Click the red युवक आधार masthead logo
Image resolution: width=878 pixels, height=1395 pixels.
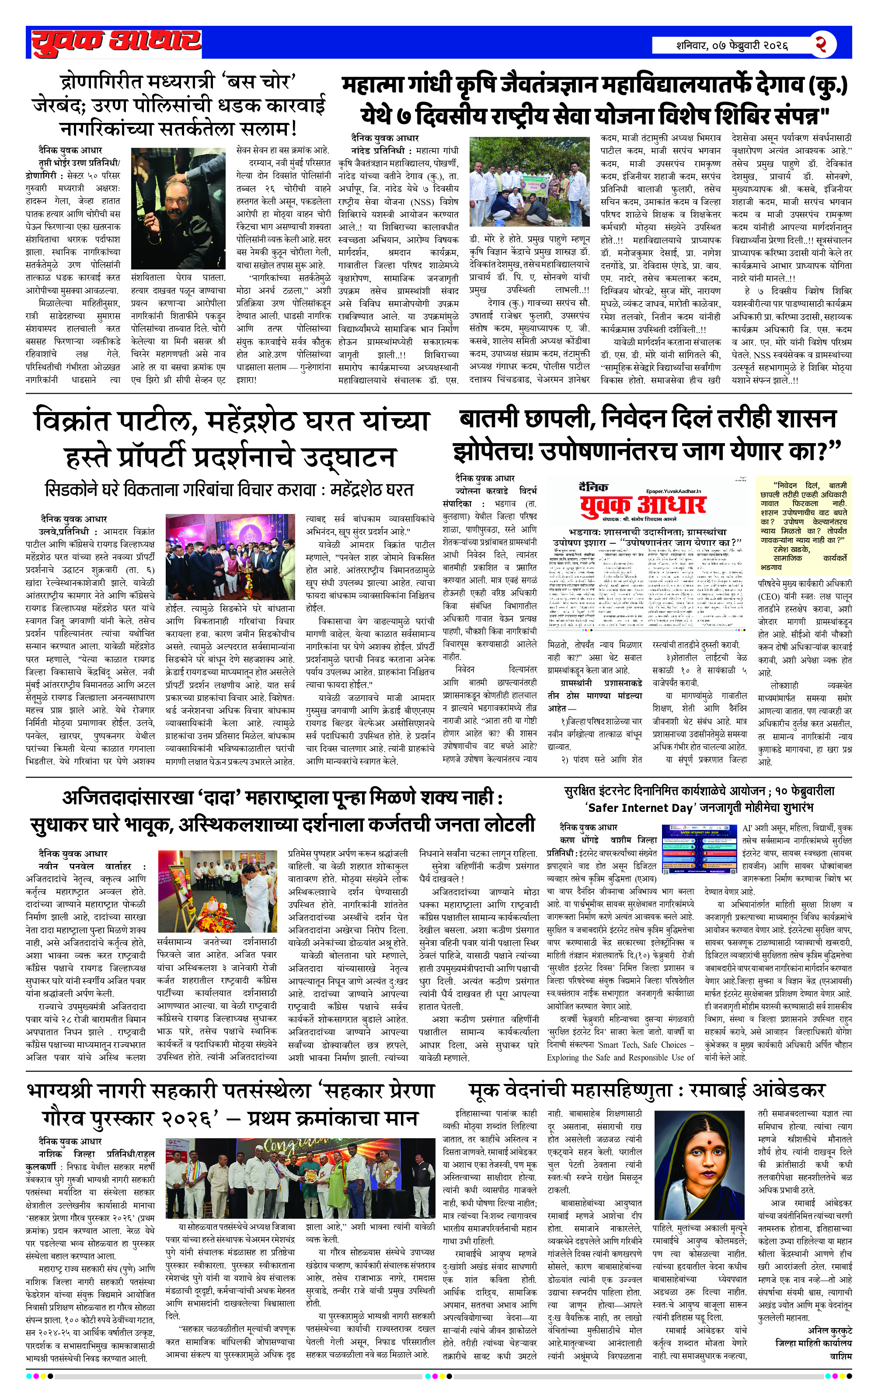tap(116, 42)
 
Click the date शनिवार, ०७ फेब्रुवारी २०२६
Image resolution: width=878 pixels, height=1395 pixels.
tap(732, 45)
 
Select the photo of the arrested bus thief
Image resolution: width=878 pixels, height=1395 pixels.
tap(178, 208)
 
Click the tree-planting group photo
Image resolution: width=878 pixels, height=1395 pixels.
tap(530, 182)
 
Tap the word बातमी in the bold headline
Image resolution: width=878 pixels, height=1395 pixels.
tap(491, 418)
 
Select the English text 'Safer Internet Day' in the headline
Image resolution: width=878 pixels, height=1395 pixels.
tap(639, 808)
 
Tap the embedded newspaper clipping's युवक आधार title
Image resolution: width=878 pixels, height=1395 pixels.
tap(643, 504)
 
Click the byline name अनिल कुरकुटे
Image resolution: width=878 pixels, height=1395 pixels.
tap(829, 1347)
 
